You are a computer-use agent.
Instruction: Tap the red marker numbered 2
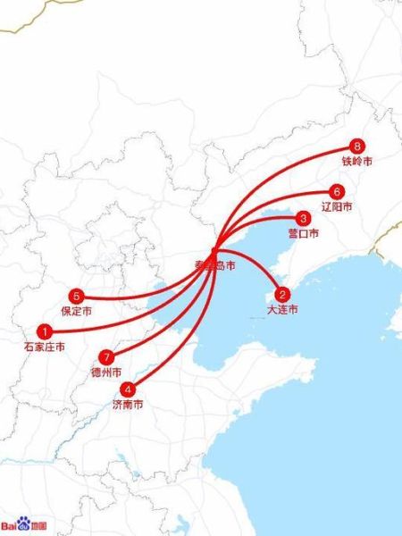coord(282,294)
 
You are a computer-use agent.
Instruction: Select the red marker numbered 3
coord(304,218)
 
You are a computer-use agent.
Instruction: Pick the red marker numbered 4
coord(129,389)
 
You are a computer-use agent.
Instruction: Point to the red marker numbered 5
coord(77,296)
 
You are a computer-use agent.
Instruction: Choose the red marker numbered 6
coord(336,191)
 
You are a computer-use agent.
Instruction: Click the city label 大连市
coord(282,309)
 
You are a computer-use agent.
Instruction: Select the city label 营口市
coord(304,233)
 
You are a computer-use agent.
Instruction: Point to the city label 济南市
coord(128,404)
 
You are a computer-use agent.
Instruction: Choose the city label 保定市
coord(77,311)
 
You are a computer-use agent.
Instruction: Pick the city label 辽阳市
coord(336,206)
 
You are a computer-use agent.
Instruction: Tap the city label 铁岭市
coord(357,163)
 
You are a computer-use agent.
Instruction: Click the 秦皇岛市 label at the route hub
coord(214,266)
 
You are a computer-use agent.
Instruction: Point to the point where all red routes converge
coord(214,251)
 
